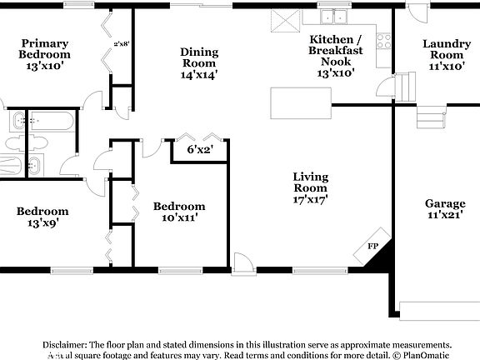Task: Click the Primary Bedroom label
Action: click(45, 49)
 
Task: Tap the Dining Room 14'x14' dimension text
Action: click(199, 75)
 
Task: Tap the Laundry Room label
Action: click(447, 49)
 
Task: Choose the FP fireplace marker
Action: click(372, 247)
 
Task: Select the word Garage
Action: click(445, 203)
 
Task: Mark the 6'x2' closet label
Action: click(200, 150)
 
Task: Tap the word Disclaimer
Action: click(63, 344)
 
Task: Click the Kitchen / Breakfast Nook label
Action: click(336, 56)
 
